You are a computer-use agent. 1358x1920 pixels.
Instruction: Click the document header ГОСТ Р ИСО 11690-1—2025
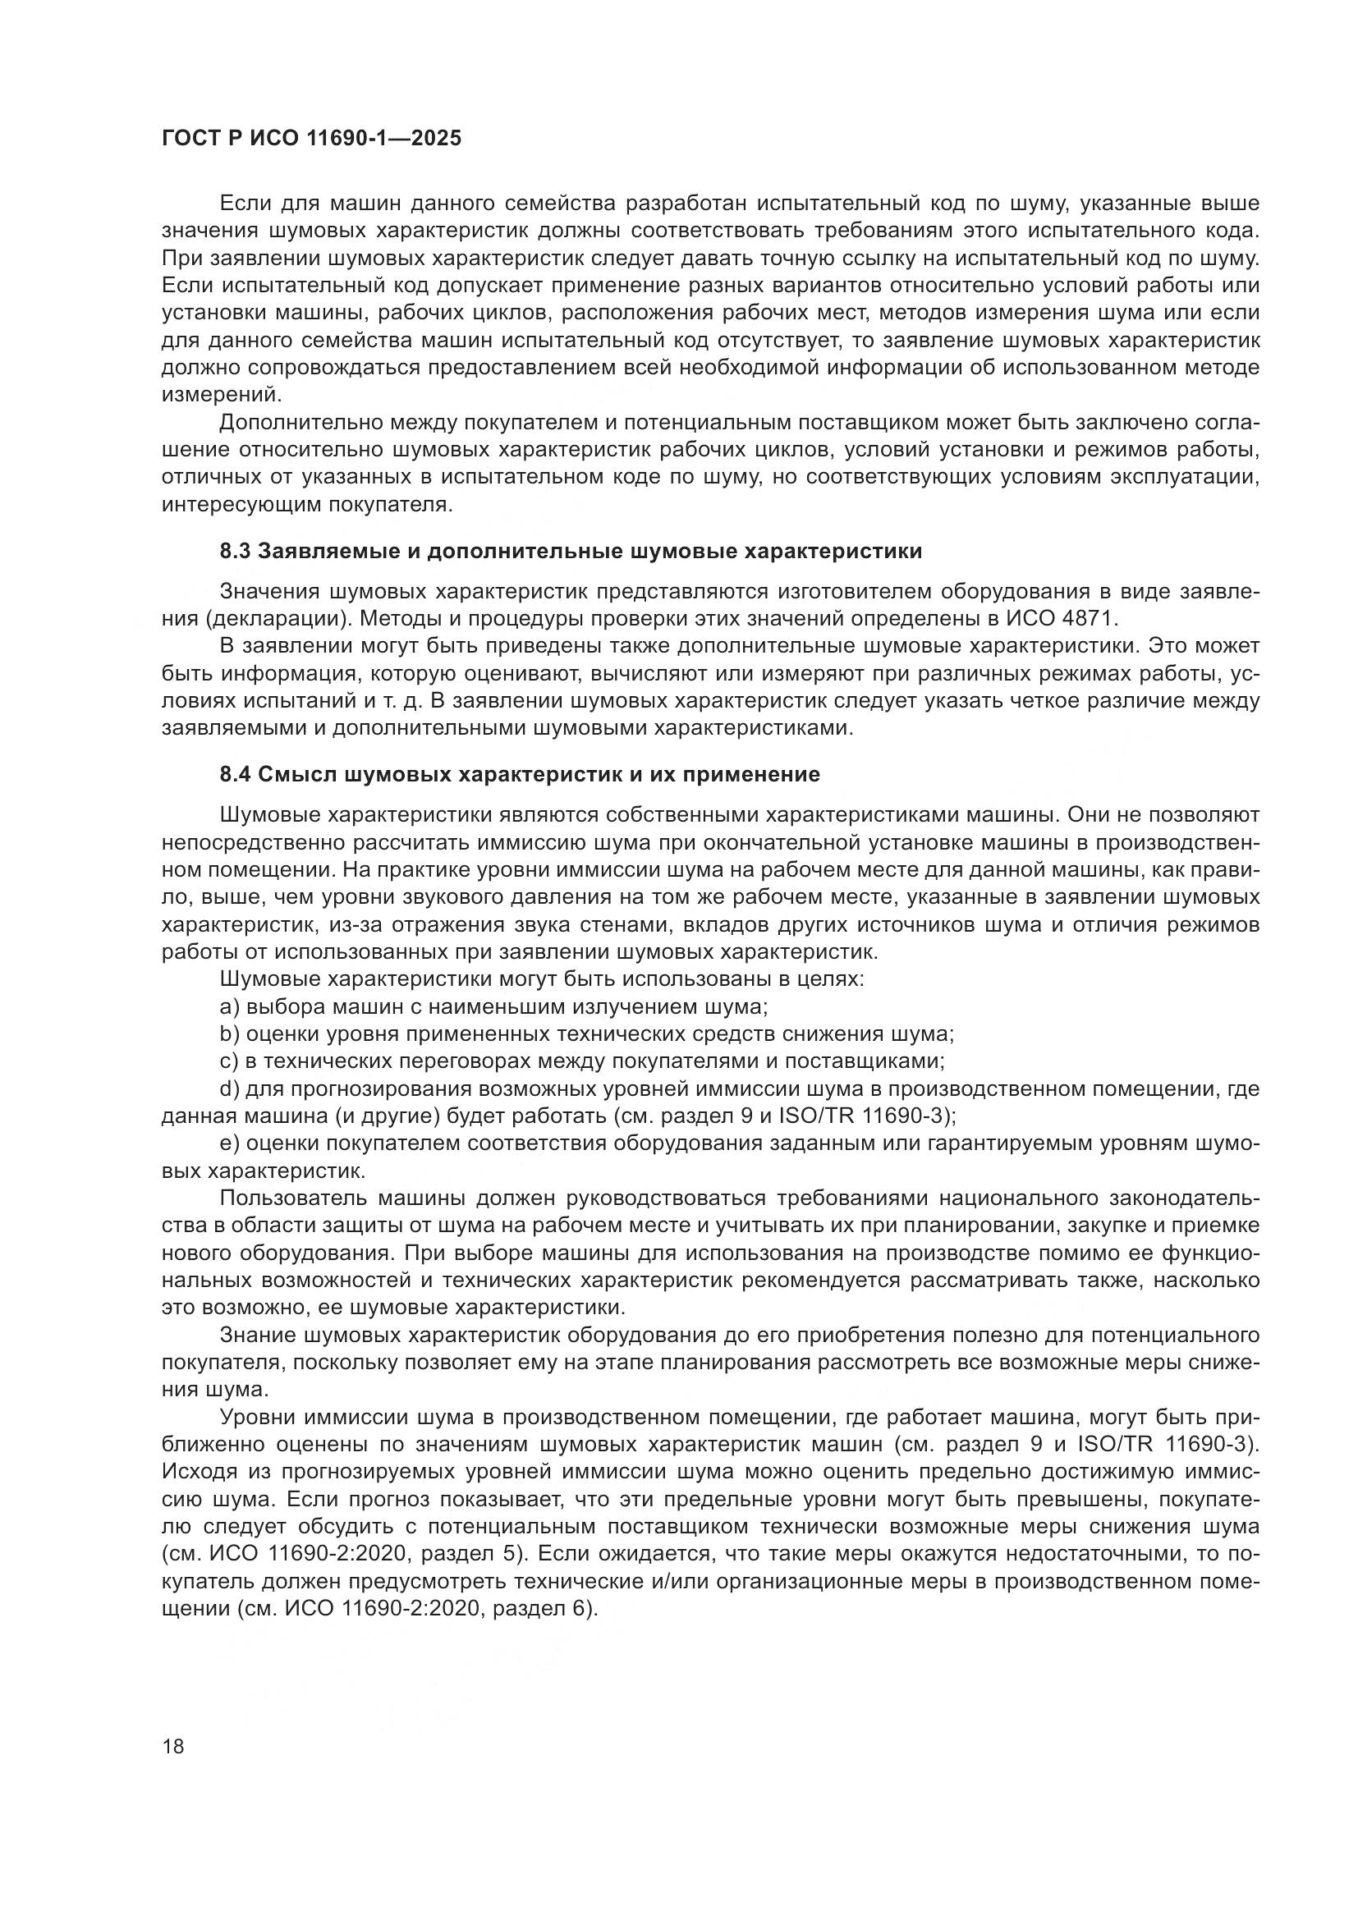(x=311, y=139)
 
